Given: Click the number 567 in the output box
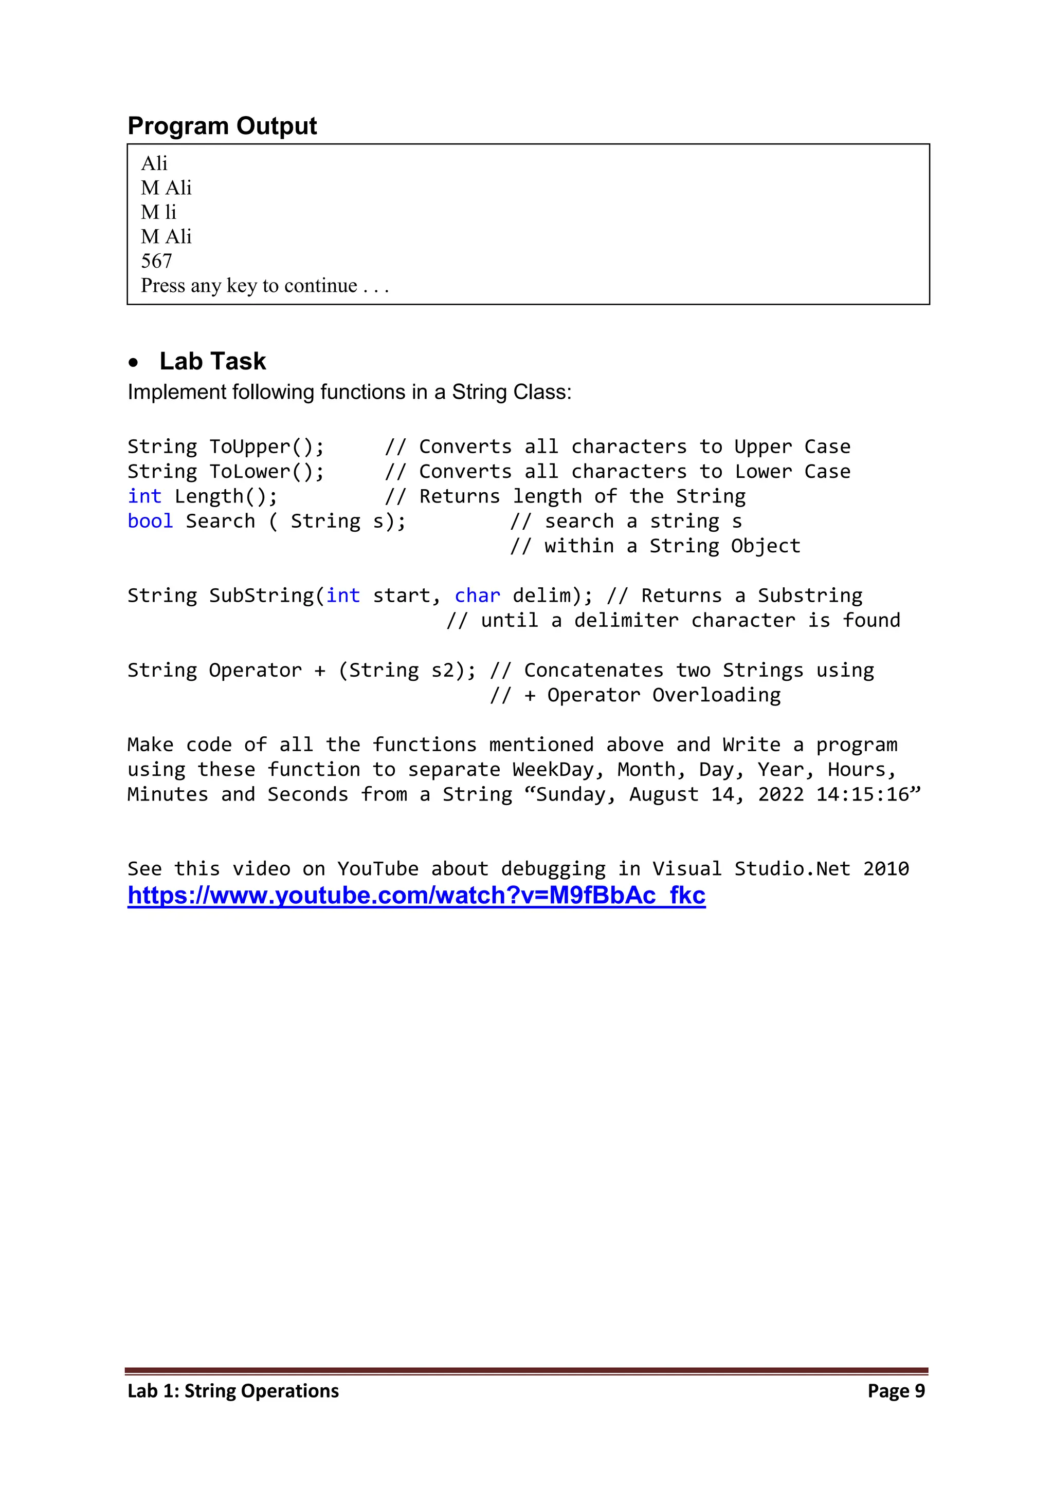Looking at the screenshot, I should [156, 261].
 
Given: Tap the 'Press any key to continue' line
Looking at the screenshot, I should [265, 286].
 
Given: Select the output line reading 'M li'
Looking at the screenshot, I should [158, 212].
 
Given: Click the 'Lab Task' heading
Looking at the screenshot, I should [213, 361].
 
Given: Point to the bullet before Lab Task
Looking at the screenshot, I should [133, 363].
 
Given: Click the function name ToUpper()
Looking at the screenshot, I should [266, 447].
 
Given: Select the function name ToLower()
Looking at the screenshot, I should [266, 471].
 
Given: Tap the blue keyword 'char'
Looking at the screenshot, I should [477, 596].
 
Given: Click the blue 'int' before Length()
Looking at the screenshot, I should [144, 496].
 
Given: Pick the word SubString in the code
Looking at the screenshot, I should [261, 596].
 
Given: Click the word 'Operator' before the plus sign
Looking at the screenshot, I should [255, 670].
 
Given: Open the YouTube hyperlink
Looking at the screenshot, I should [416, 895].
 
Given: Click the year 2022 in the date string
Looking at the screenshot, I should [780, 794].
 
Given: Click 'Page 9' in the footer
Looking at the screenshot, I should [896, 1391].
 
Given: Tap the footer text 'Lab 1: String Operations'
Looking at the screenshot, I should [233, 1391].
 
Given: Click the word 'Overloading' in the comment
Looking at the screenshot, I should [716, 695].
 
